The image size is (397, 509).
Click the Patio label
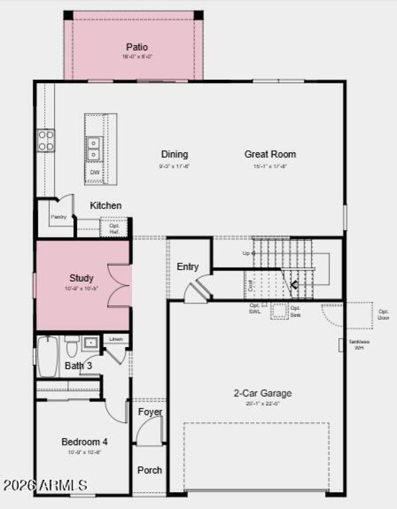137,48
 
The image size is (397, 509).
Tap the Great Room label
270,154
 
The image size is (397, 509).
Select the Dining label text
175,154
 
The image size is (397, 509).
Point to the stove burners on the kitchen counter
46,140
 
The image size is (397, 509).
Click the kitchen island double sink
94,148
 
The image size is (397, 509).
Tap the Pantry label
58,217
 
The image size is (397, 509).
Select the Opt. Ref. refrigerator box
115,228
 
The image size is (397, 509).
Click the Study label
81,278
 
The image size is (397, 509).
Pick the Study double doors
119,286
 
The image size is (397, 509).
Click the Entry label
188,267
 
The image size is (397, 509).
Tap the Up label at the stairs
246,253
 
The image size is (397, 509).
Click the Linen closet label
116,339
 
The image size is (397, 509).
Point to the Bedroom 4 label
84,442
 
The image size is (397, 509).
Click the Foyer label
150,412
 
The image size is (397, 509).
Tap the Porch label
149,470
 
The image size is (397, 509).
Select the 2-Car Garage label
263,394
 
